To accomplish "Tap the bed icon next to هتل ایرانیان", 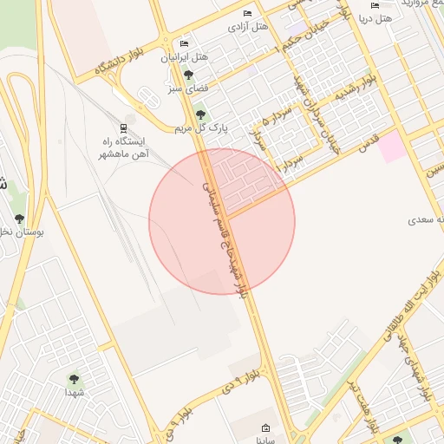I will point(184,43).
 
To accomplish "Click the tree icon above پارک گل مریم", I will point(200,114).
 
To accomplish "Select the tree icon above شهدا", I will point(74,378).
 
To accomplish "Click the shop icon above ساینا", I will point(265,428).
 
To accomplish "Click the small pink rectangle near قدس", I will point(391,146).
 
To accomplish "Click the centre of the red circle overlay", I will point(222,221).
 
